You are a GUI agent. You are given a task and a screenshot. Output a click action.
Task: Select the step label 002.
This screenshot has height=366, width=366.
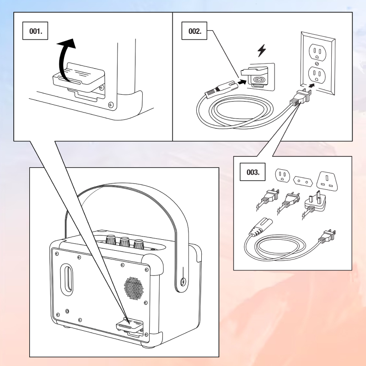[195, 32]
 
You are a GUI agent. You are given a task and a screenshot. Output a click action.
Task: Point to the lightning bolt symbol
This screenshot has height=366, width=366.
[261, 51]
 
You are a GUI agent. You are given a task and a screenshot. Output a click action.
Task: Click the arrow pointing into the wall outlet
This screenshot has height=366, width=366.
[312, 85]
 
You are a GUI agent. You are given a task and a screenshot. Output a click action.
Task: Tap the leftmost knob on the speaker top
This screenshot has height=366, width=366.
[110, 239]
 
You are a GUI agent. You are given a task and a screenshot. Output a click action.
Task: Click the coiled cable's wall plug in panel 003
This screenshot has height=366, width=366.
[328, 236]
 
